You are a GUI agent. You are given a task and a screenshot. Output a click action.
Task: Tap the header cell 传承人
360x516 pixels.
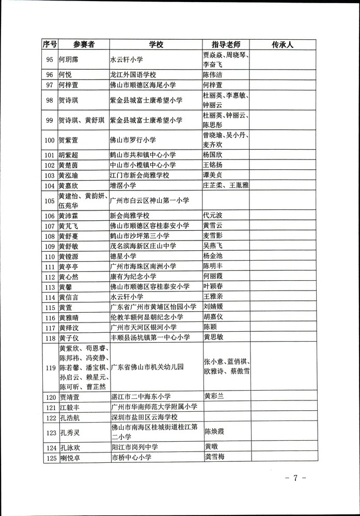point(283,44)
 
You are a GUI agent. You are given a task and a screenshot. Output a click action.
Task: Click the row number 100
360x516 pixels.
point(50,140)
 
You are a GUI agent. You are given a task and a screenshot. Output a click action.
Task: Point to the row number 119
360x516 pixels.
point(50,368)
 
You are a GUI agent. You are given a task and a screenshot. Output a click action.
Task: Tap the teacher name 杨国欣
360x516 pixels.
point(214,154)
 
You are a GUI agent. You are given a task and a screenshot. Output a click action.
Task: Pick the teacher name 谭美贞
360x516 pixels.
point(214,175)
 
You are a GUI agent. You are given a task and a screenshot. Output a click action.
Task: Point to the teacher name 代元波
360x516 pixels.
point(214,216)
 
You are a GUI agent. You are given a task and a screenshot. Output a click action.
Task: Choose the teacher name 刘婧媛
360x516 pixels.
point(214,307)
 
